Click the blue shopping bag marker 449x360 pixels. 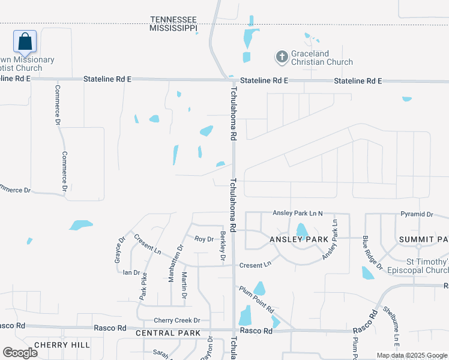click(x=25, y=41)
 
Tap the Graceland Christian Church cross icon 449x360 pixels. click(x=282, y=57)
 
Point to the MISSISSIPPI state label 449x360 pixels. click(x=173, y=28)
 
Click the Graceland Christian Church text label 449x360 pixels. click(x=322, y=58)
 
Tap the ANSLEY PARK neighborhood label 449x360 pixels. click(x=300, y=239)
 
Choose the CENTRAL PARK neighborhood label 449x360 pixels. click(x=164, y=333)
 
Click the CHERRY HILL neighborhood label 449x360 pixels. click(x=62, y=344)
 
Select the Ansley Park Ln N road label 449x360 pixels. click(x=298, y=213)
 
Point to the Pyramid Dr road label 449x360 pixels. click(x=417, y=214)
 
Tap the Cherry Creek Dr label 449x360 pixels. click(x=177, y=320)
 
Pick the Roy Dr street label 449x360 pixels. click(x=204, y=239)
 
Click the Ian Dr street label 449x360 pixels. click(x=131, y=272)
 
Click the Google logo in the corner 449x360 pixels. click(x=20, y=353)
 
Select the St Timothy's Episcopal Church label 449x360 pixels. click(x=427, y=266)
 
